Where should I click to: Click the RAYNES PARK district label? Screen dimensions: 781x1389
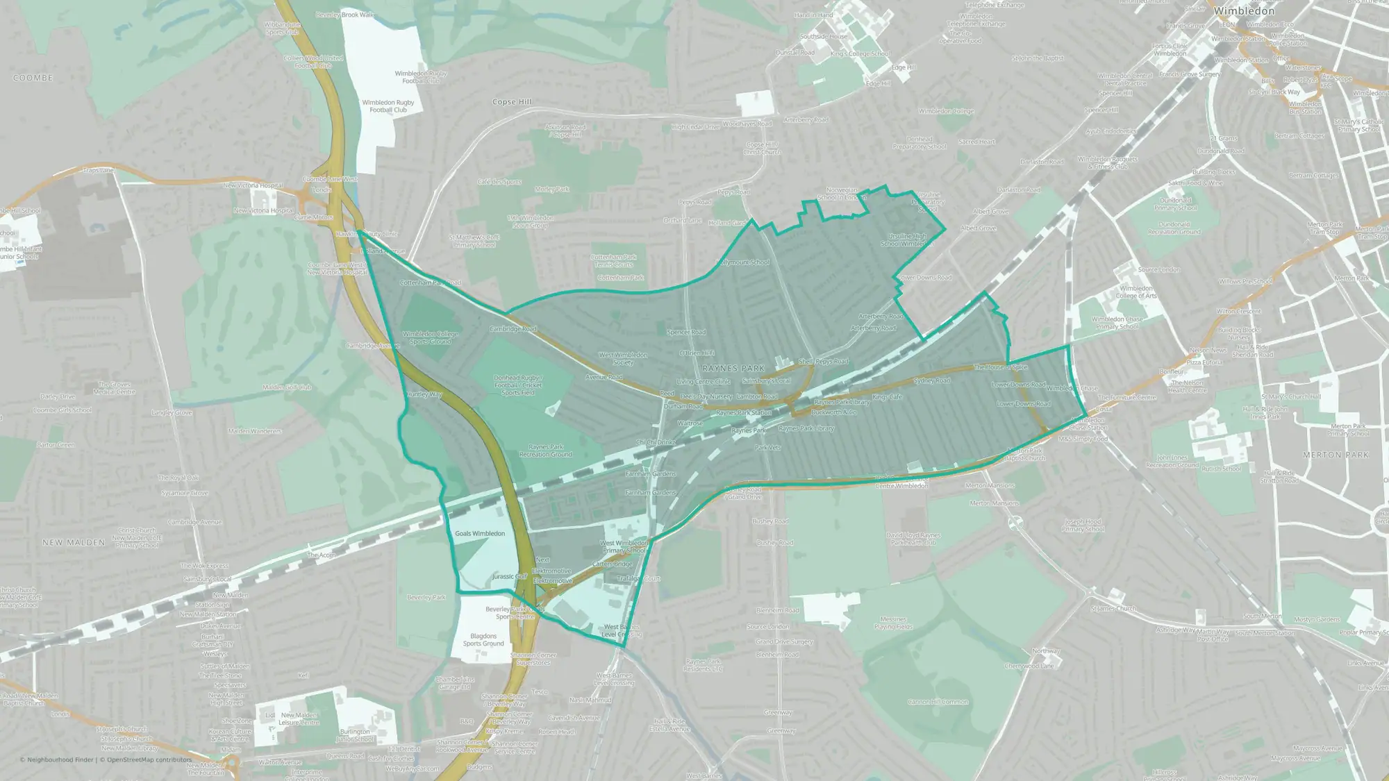tap(733, 368)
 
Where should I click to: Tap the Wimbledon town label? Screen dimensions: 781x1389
tap(1244, 11)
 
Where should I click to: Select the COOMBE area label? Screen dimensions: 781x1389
tap(33, 78)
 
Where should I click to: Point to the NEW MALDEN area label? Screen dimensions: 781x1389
tap(74, 542)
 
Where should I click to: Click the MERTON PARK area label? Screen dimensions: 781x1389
tap(1336, 455)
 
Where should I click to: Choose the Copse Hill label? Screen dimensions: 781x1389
tap(512, 101)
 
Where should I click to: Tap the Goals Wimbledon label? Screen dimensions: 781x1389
tap(480, 533)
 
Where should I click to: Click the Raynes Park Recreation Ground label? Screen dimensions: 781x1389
tap(546, 451)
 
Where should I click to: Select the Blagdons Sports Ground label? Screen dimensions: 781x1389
tap(483, 639)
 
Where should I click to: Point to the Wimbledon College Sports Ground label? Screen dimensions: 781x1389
tap(431, 337)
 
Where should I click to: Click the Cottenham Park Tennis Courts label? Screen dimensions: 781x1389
tap(613, 260)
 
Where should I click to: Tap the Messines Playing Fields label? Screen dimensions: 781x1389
tap(893, 623)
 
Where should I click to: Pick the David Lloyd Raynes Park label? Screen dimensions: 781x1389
tap(913, 539)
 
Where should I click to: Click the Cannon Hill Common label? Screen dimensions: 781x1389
tap(938, 702)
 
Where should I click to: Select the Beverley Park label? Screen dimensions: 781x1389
tap(426, 597)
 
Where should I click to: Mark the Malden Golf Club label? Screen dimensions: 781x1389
tap(287, 387)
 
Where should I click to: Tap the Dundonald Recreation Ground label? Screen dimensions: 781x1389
tap(1174, 228)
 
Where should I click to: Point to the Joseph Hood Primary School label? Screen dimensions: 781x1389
tap(1083, 525)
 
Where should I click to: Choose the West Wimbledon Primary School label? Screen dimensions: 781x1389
tap(624, 546)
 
